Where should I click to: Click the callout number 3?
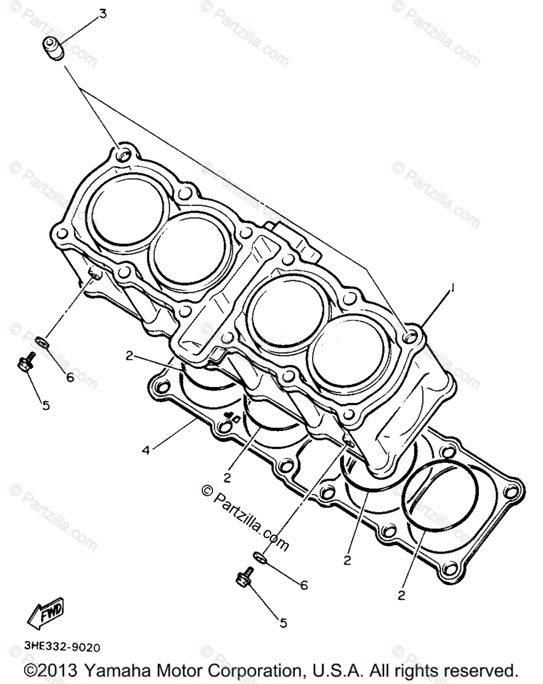click(x=103, y=13)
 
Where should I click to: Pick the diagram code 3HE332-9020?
click(x=62, y=648)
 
